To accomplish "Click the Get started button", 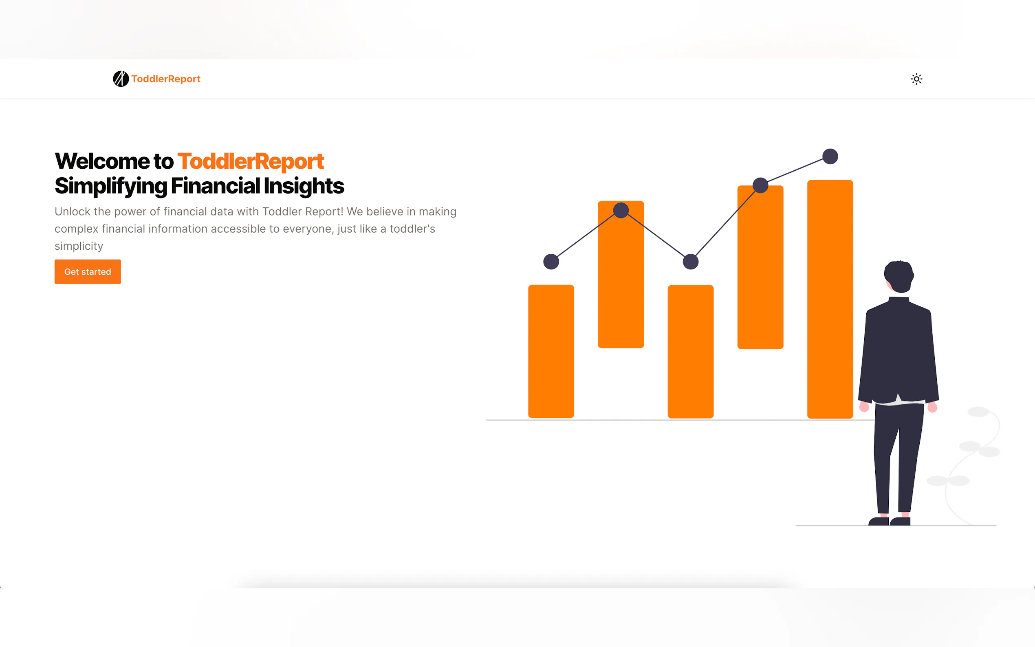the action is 88,272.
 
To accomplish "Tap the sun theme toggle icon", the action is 916,79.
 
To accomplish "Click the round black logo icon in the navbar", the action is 121,79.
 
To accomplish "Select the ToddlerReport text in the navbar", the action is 166,79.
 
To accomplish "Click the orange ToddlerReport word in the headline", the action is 251,161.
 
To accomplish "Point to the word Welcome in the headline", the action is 102,161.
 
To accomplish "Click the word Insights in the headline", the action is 304,186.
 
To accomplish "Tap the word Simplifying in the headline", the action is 111,187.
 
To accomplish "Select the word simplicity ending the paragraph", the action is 79,246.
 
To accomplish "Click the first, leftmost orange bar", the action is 551,351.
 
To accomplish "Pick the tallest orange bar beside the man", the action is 830,299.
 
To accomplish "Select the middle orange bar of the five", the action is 691,351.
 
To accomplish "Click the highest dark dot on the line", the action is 830,156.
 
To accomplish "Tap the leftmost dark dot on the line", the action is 551,262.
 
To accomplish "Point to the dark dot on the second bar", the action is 621,210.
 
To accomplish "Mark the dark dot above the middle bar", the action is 691,262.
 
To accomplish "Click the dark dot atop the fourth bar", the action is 760,185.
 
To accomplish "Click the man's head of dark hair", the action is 899,276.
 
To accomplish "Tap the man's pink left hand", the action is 864,407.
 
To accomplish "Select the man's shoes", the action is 889,521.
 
